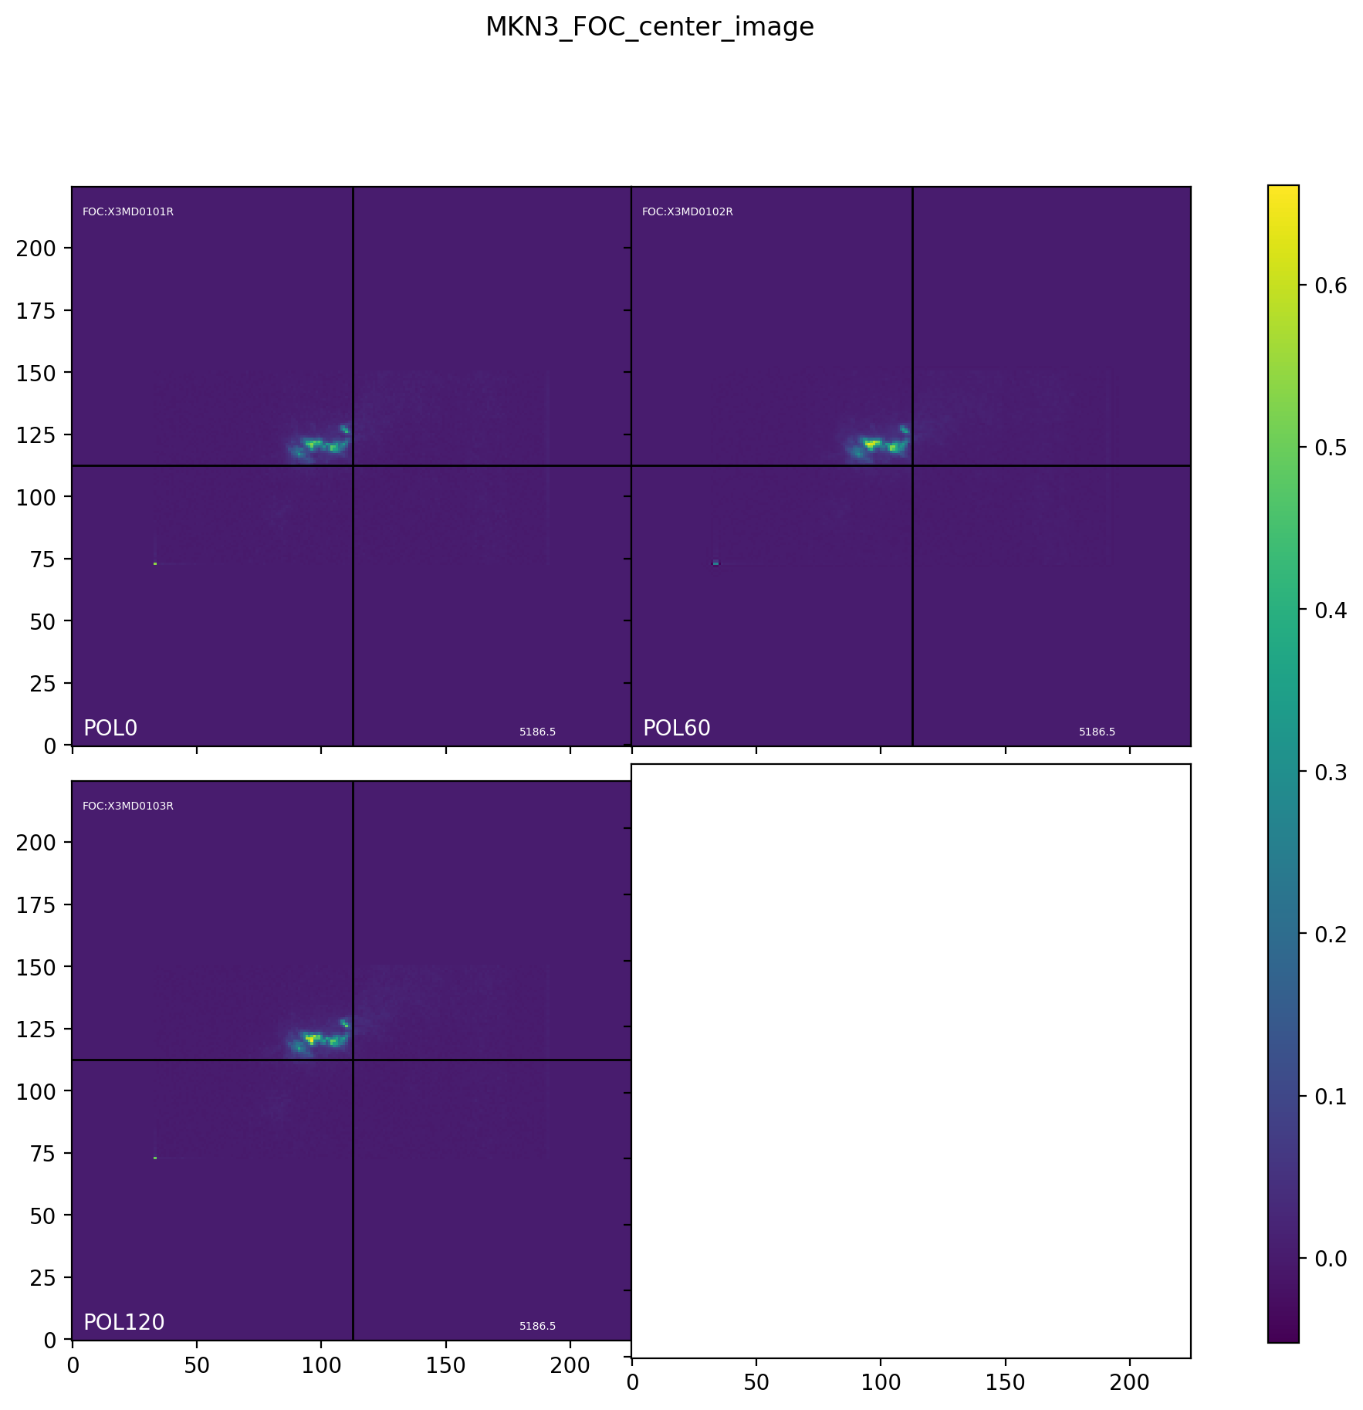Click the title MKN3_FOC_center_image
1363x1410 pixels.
[649, 27]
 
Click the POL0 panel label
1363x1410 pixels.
[110, 728]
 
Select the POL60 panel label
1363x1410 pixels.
[676, 728]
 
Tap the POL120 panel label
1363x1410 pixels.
[123, 1322]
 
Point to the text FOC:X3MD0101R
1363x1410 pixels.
[128, 212]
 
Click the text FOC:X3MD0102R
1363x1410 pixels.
[688, 212]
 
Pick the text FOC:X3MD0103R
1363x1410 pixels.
[128, 806]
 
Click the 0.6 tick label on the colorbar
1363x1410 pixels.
[1331, 286]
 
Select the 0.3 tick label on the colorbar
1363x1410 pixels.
[1331, 772]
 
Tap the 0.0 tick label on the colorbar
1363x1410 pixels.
[1331, 1259]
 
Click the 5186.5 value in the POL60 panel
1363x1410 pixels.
[1097, 732]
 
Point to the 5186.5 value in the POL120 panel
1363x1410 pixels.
[537, 1326]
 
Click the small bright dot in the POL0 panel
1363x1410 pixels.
[155, 563]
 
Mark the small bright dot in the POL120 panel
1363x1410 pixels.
[155, 1158]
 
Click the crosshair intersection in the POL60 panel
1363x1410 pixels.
[912, 465]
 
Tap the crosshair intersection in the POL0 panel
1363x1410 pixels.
[353, 465]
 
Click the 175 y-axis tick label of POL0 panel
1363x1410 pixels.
[36, 310]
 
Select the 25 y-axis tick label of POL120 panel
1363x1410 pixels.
[42, 1278]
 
